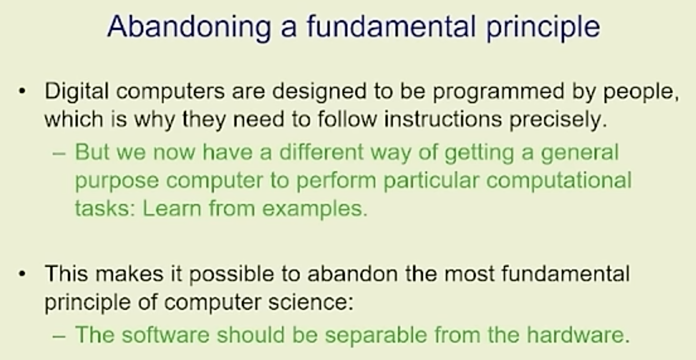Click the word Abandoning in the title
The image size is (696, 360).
coord(189,27)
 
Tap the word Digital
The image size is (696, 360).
coord(77,91)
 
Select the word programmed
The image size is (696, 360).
coord(499,92)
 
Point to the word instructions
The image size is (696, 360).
coord(443,119)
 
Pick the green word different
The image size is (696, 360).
coord(321,152)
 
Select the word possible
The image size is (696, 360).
coord(232,274)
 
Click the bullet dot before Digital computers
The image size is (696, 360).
coord(22,92)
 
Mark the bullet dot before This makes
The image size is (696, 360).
coord(22,274)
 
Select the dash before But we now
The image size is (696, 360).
coord(59,154)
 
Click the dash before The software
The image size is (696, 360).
coord(59,336)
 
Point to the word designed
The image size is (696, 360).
coord(319,92)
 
